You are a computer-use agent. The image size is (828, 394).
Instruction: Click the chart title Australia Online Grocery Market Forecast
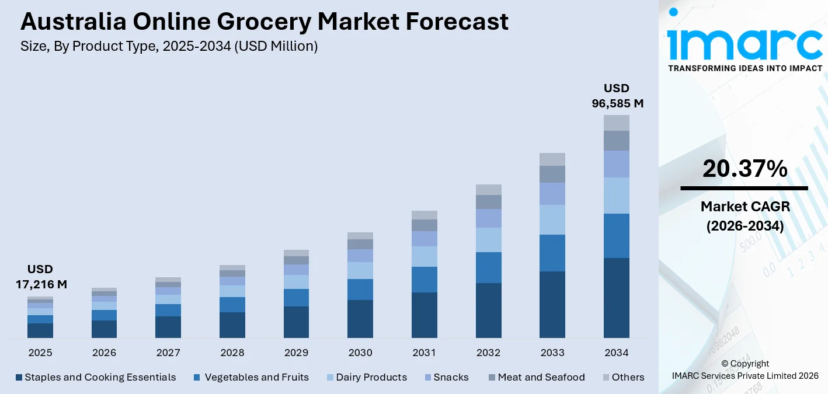(x=264, y=22)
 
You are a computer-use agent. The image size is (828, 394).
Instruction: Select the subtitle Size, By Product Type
(x=169, y=47)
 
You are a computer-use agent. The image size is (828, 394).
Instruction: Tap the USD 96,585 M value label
(x=617, y=96)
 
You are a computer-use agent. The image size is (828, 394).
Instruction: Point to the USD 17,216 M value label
(x=40, y=277)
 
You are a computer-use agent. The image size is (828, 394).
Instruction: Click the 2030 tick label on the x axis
(x=360, y=353)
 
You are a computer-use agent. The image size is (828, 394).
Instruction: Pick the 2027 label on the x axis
(x=168, y=353)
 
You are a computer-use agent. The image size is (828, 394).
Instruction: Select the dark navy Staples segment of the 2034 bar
(x=617, y=298)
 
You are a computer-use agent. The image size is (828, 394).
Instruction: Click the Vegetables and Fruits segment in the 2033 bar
(x=552, y=253)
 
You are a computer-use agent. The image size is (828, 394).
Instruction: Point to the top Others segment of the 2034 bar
(x=617, y=123)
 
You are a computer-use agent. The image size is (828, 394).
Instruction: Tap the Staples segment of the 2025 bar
(x=40, y=330)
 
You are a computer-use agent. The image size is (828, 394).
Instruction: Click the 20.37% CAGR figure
(x=744, y=169)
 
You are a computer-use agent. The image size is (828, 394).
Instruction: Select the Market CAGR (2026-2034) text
(x=744, y=216)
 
